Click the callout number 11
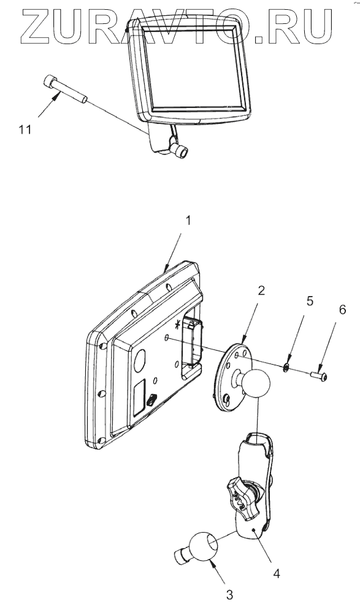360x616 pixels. (x=25, y=130)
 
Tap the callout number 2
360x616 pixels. (x=261, y=291)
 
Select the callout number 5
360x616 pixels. (x=310, y=302)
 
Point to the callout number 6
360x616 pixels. (x=342, y=310)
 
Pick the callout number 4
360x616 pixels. (x=277, y=574)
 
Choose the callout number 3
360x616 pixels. (x=230, y=595)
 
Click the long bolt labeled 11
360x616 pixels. (x=64, y=89)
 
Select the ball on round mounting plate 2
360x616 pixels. (x=256, y=382)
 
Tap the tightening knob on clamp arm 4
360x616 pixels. (x=239, y=498)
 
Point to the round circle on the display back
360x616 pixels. (x=140, y=361)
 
